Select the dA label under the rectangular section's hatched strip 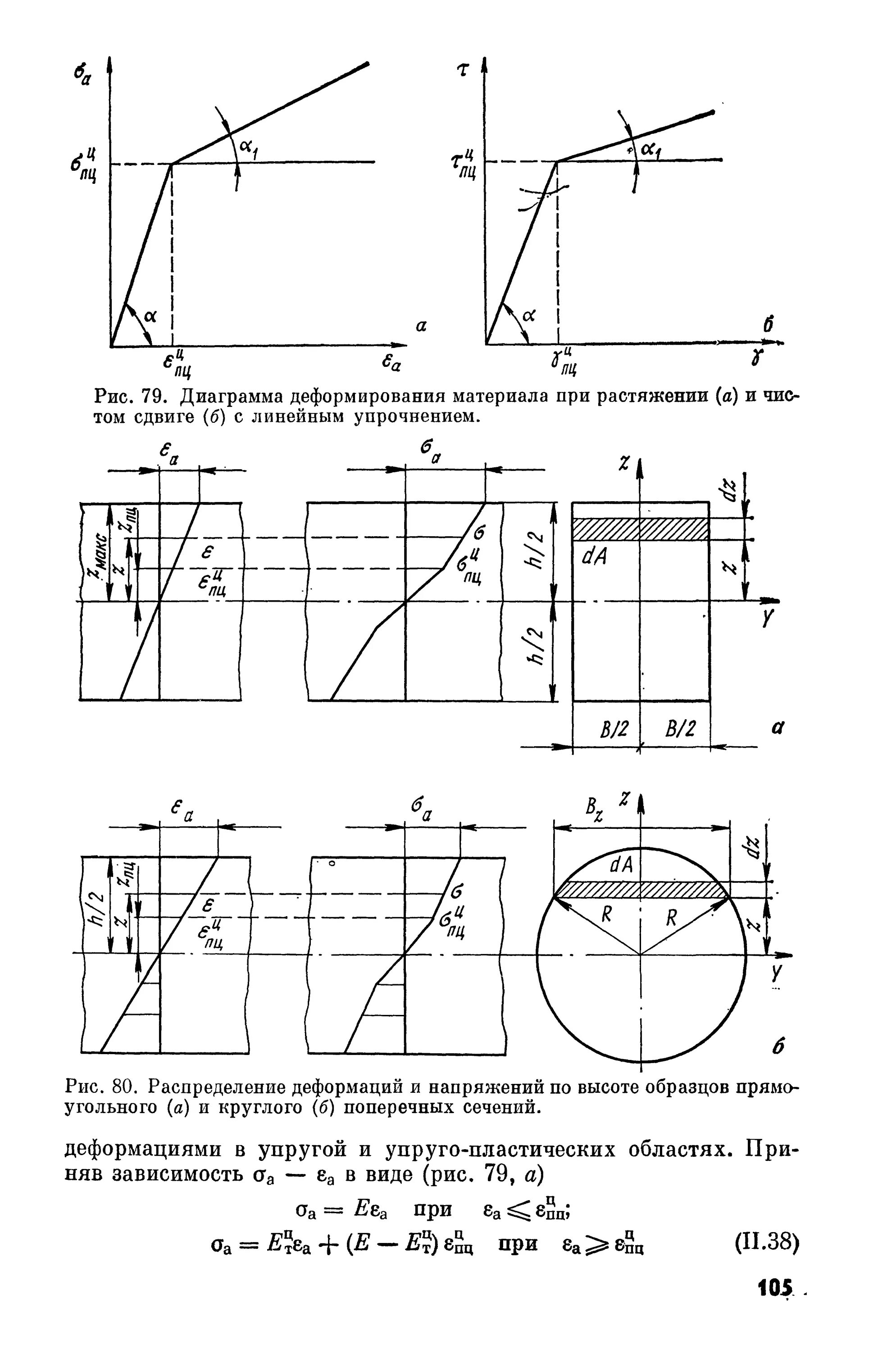(594, 557)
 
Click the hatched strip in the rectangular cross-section (641, 530)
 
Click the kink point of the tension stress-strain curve (172, 163)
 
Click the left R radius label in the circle (607, 914)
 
